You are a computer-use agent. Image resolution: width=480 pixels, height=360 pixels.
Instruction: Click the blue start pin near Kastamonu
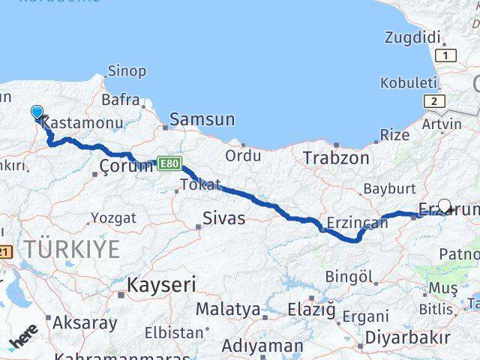pyautogui.click(x=37, y=112)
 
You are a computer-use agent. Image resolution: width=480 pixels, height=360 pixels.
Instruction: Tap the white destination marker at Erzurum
pyautogui.click(x=444, y=206)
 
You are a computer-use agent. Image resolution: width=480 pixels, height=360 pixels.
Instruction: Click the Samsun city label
pyautogui.click(x=202, y=119)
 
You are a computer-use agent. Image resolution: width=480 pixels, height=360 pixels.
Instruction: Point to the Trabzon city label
pyautogui.click(x=336, y=158)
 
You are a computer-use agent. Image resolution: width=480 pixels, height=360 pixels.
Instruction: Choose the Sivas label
pyautogui.click(x=225, y=219)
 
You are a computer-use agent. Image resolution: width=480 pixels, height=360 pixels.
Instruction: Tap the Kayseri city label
pyautogui.click(x=161, y=285)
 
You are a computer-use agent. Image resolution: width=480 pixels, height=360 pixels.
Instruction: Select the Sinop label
pyautogui.click(x=127, y=71)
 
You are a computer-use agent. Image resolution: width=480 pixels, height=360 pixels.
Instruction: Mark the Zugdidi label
pyautogui.click(x=412, y=37)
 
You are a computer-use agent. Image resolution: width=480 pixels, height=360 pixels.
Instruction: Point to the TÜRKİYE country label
pyautogui.click(x=70, y=249)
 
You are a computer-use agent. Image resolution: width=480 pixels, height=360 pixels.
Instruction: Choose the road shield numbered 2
pyautogui.click(x=433, y=100)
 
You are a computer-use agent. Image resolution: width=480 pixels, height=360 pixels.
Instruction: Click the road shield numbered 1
pyautogui.click(x=448, y=55)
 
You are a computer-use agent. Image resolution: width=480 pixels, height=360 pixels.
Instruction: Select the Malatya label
pyautogui.click(x=228, y=308)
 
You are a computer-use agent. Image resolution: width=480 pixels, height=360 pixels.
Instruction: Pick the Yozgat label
pyautogui.click(x=113, y=218)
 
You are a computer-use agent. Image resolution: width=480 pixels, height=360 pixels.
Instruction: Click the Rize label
pyautogui.click(x=394, y=135)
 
